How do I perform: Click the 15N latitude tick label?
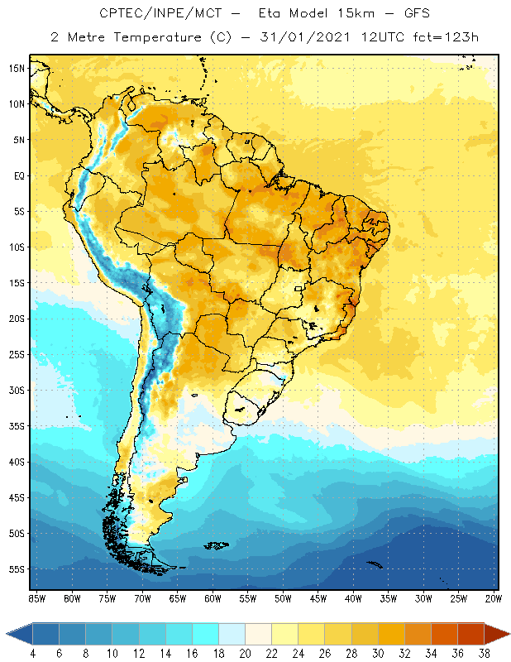pyautogui.click(x=16, y=69)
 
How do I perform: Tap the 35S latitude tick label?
pyautogui.click(x=16, y=426)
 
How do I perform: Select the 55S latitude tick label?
pyautogui.click(x=16, y=569)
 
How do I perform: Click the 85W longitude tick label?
pyautogui.click(x=36, y=598)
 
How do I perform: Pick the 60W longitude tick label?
pyautogui.click(x=213, y=598)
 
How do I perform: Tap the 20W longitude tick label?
pyautogui.click(x=494, y=598)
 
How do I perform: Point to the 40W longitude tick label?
pyautogui.click(x=354, y=598)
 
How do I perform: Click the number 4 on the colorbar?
pyautogui.click(x=33, y=653)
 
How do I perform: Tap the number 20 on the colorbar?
pyautogui.click(x=245, y=653)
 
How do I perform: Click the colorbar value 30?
pyautogui.click(x=378, y=653)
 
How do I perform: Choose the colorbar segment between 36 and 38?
pyautogui.click(x=471, y=634)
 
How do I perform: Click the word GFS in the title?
pyautogui.click(x=416, y=14)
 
